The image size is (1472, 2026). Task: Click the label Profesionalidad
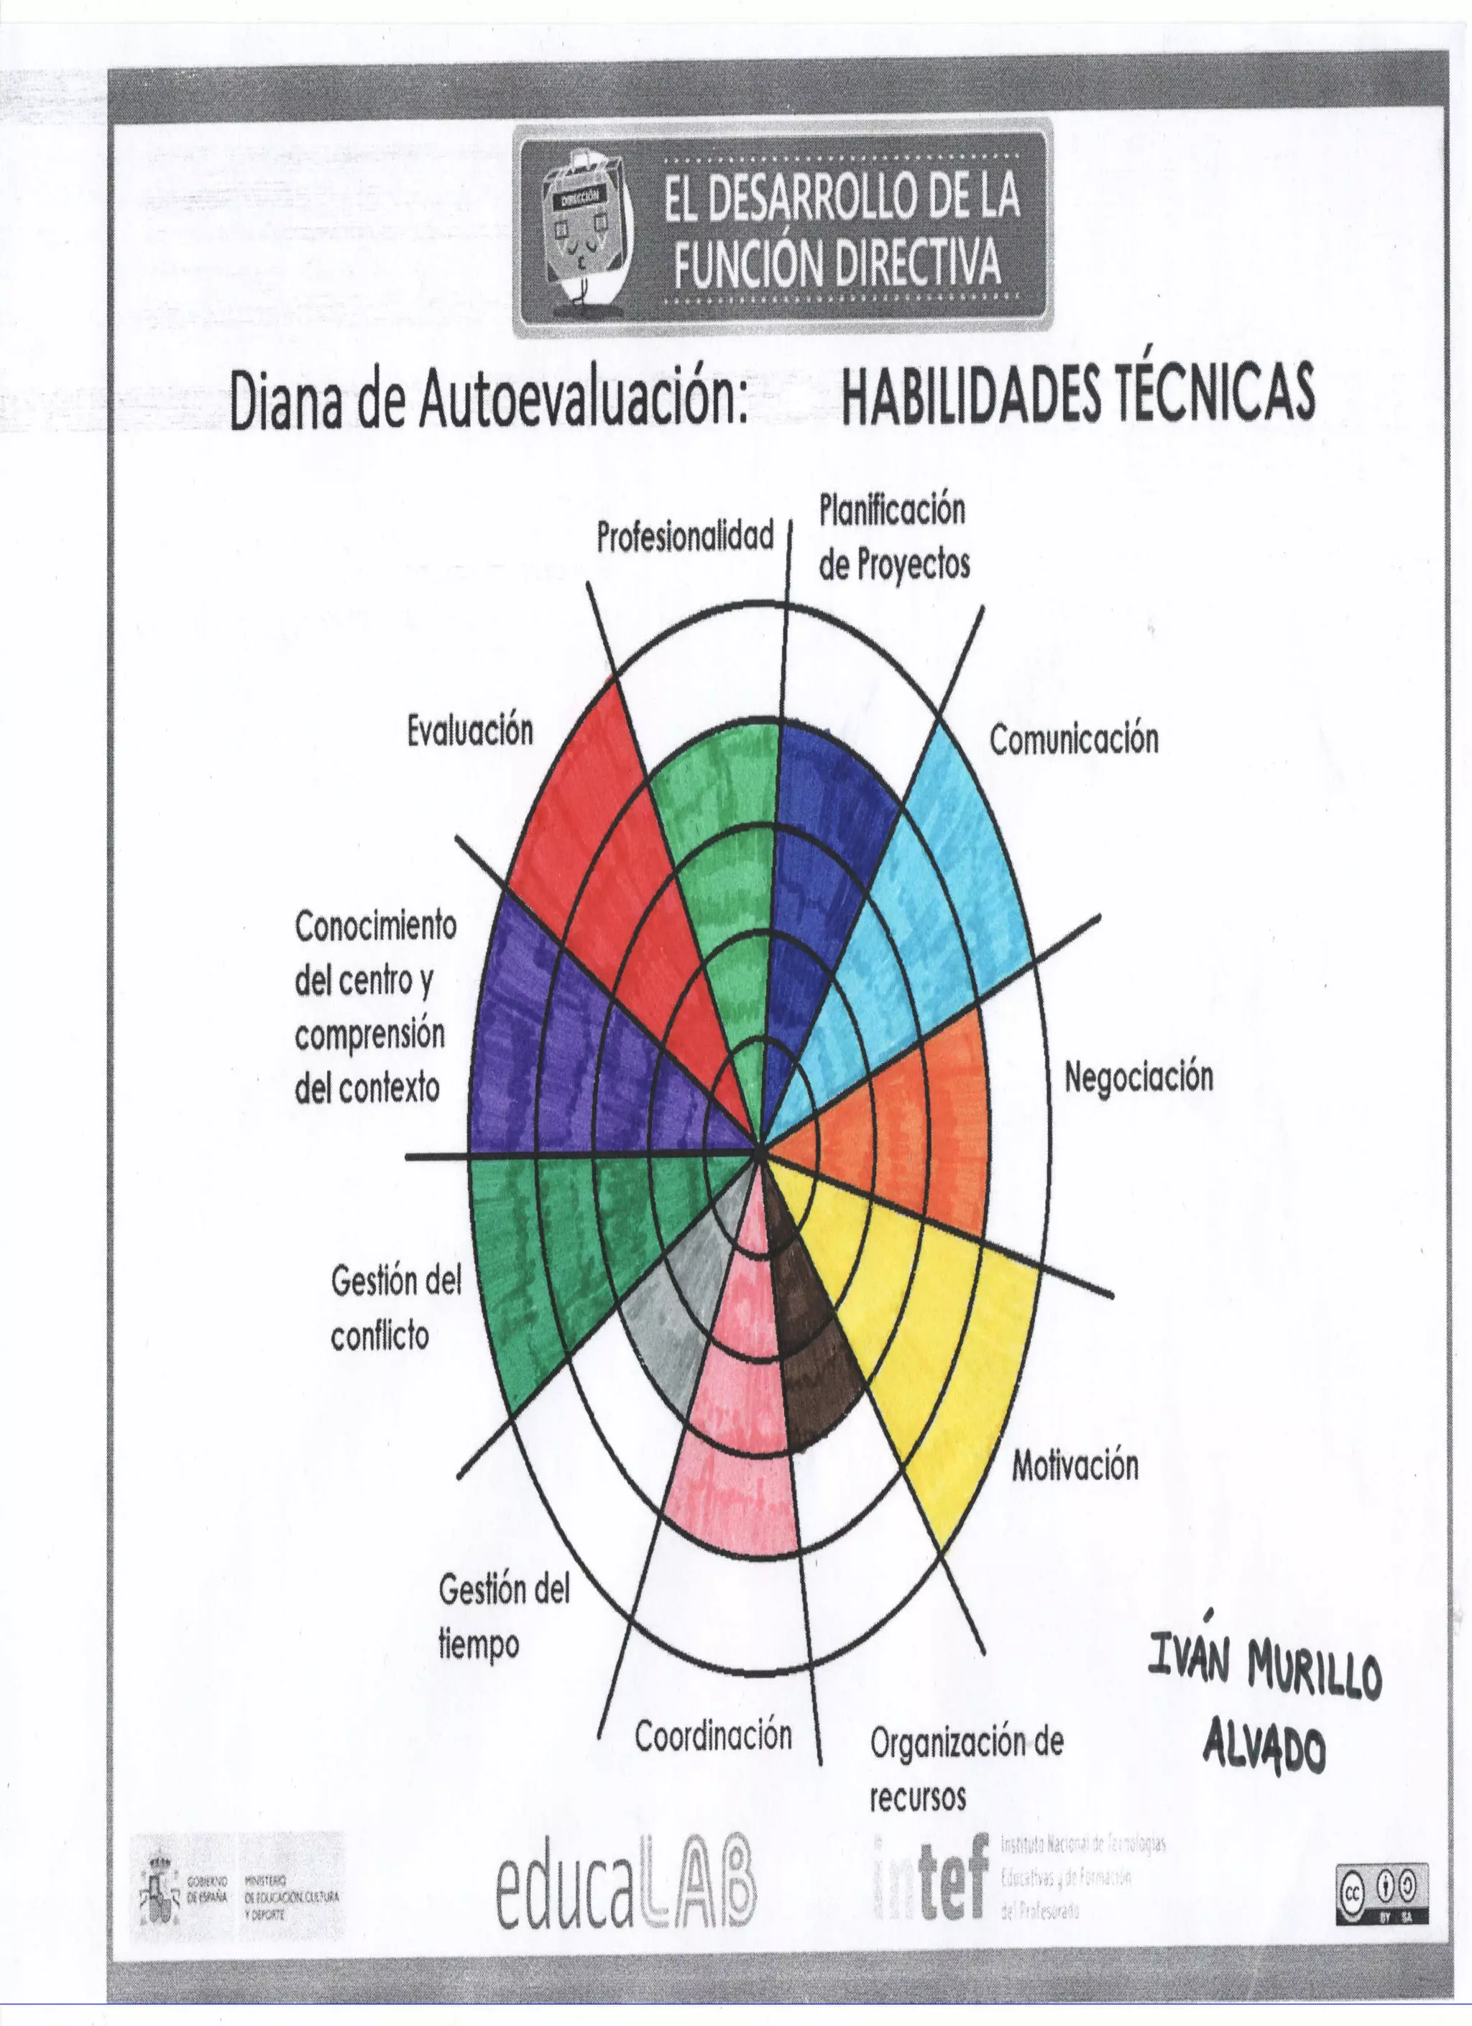point(685,538)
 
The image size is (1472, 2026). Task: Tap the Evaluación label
point(470,732)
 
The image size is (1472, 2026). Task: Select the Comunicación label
point(1074,740)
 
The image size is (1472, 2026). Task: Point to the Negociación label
point(1138,1077)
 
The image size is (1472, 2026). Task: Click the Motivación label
point(1075,1466)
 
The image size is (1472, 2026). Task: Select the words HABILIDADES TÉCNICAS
point(1078,394)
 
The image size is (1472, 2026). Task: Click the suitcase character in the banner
point(586,228)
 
